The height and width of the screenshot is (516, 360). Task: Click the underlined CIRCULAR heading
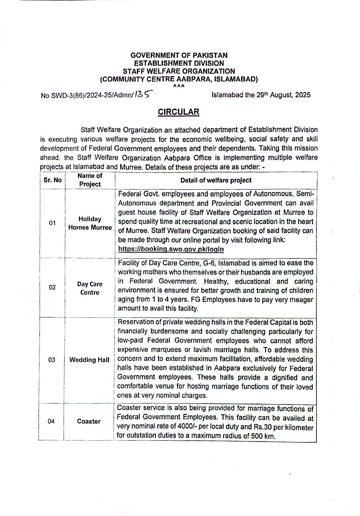tap(179, 112)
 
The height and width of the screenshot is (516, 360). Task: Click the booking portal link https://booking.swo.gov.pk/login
tap(171, 249)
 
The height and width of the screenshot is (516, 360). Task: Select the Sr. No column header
tap(52, 180)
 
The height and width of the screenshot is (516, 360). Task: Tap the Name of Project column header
tap(90, 180)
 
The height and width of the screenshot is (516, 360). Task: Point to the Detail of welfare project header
tap(216, 180)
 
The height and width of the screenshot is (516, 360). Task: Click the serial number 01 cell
tap(52, 223)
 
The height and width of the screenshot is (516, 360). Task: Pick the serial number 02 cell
tap(52, 287)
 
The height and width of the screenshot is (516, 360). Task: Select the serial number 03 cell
tap(52, 360)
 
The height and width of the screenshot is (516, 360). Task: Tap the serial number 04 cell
tap(51, 421)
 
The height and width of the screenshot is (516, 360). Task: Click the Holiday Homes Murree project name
tap(90, 223)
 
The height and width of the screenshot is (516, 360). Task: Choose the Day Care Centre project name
tap(90, 288)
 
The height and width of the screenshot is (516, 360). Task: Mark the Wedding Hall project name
tap(90, 360)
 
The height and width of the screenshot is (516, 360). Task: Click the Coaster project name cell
tap(89, 421)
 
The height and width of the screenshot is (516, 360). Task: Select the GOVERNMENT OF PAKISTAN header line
tap(179, 55)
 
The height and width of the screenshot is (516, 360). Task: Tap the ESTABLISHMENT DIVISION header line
tap(179, 63)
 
